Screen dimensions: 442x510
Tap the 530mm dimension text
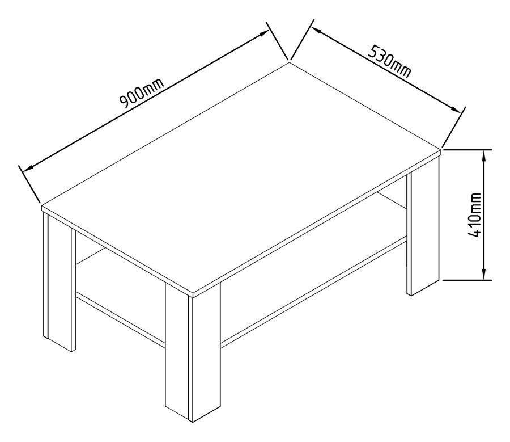click(390, 60)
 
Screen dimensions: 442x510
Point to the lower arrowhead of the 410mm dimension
click(484, 275)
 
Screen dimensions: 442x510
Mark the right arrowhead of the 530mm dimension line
click(457, 110)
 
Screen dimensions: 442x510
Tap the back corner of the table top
click(290, 62)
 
